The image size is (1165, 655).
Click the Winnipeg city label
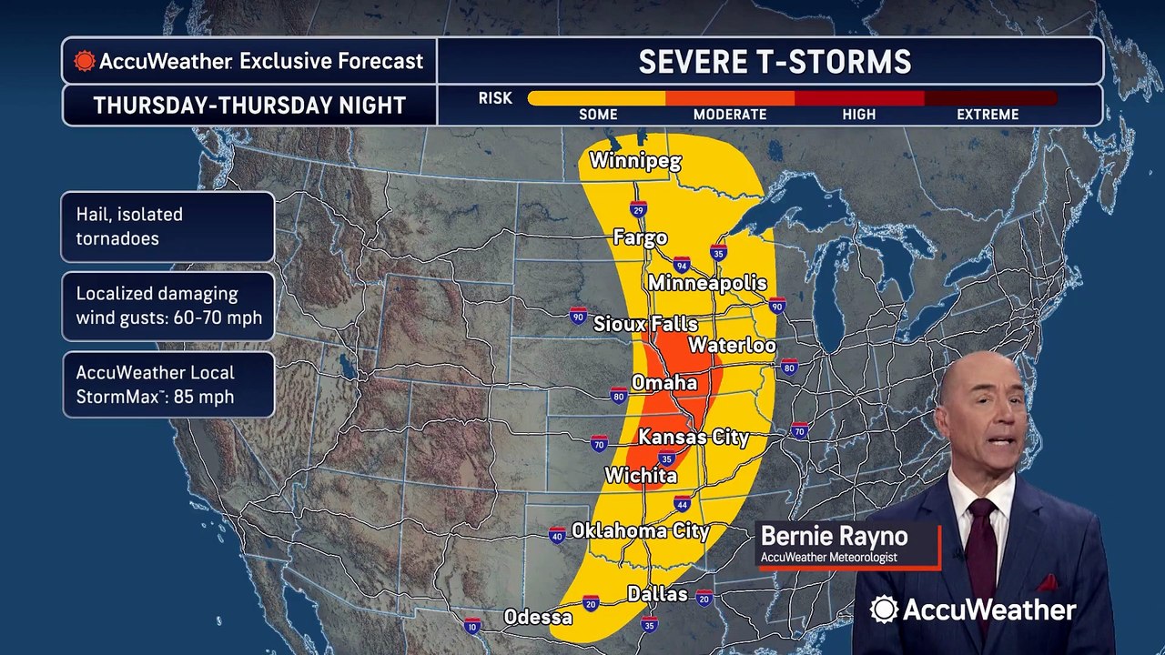(634, 161)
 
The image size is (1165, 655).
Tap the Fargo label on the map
(640, 237)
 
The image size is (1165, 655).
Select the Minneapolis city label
(707, 283)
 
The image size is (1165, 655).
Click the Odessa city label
(538, 618)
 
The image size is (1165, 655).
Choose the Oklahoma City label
(640, 530)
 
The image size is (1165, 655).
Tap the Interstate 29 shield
(638, 209)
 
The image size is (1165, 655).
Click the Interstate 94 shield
(681, 264)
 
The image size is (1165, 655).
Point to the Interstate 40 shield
(557, 535)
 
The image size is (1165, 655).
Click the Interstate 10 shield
(471, 626)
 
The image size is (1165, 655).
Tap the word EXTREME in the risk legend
(988, 115)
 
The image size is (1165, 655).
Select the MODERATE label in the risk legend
(730, 115)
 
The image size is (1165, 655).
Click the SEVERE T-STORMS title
(774, 62)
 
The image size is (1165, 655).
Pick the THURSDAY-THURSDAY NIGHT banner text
(249, 106)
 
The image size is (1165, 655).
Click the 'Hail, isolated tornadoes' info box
(168, 227)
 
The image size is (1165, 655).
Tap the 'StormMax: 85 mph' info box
(168, 385)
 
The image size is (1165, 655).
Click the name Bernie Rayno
(834, 536)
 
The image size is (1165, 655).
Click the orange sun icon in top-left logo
(85, 61)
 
